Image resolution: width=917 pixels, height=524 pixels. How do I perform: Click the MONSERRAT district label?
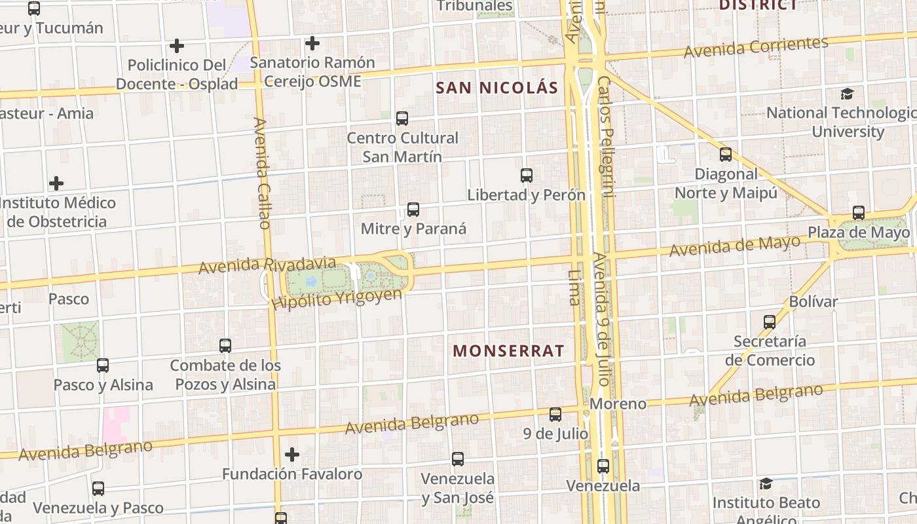pyautogui.click(x=508, y=351)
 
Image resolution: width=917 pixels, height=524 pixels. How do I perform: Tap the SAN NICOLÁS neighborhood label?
pyautogui.click(x=497, y=88)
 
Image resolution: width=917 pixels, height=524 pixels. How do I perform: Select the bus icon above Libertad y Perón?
pyautogui.click(x=526, y=176)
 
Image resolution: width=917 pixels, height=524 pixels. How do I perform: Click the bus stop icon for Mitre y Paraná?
pyautogui.click(x=413, y=210)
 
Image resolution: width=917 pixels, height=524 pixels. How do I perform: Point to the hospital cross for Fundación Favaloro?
pyautogui.click(x=292, y=454)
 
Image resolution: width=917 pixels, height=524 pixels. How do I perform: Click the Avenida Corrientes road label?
pyautogui.click(x=756, y=47)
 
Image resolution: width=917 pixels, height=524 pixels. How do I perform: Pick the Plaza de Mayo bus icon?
pyautogui.click(x=858, y=213)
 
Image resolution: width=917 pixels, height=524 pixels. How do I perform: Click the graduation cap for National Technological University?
pyautogui.click(x=848, y=94)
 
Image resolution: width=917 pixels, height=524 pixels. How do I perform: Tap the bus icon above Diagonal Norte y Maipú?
pyautogui.click(x=726, y=155)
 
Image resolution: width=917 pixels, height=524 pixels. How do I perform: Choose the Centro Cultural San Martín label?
pyautogui.click(x=402, y=147)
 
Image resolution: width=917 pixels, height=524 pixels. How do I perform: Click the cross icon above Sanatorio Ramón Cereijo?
pyautogui.click(x=312, y=43)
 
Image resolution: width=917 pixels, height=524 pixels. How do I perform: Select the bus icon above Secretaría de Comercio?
pyautogui.click(x=770, y=322)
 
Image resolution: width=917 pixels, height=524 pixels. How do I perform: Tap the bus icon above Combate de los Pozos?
pyautogui.click(x=225, y=345)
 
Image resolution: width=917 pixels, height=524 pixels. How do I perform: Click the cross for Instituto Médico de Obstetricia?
pyautogui.click(x=57, y=183)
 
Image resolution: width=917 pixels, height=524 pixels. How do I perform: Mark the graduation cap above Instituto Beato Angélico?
pyautogui.click(x=766, y=484)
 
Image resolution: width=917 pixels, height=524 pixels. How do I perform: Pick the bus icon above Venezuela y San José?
pyautogui.click(x=458, y=459)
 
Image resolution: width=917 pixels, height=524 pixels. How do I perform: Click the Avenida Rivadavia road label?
pyautogui.click(x=267, y=265)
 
